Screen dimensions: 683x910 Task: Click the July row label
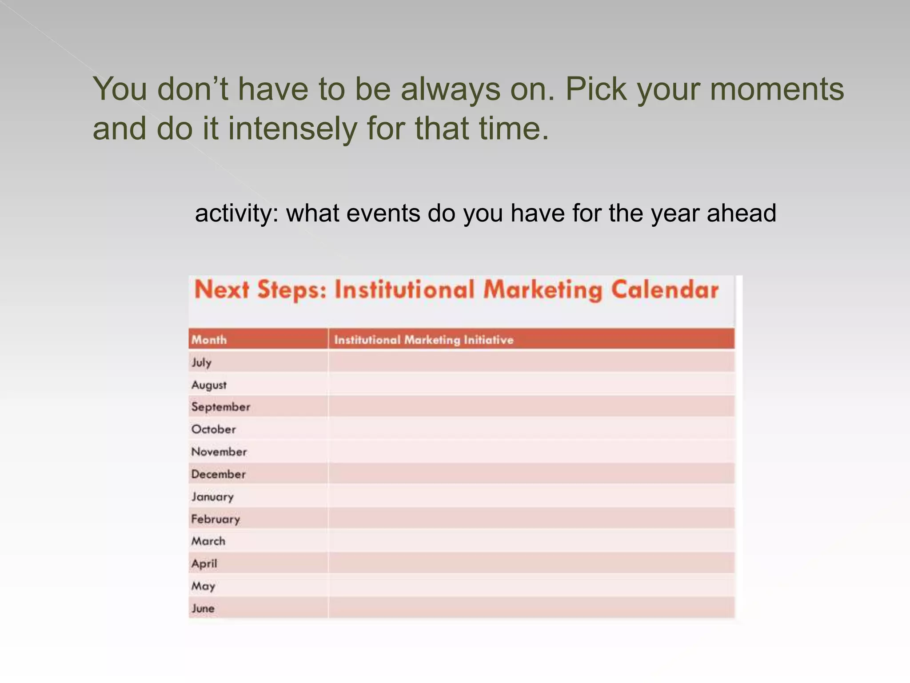pyautogui.click(x=201, y=362)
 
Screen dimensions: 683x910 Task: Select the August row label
pyautogui.click(x=209, y=385)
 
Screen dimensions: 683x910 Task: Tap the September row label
pyautogui.click(x=220, y=407)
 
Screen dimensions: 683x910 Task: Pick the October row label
pyautogui.click(x=213, y=429)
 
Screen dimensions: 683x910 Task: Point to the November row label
pyautogui.click(x=219, y=452)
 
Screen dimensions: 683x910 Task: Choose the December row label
pyautogui.click(x=218, y=474)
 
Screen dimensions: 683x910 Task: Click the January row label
pyautogui.click(x=212, y=497)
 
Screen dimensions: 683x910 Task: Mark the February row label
pyautogui.click(x=216, y=519)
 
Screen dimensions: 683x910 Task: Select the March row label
pyautogui.click(x=208, y=541)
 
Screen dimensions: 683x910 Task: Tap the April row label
pyautogui.click(x=204, y=563)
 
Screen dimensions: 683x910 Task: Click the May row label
pyautogui.click(x=203, y=586)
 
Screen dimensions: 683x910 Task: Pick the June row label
pyautogui.click(x=203, y=608)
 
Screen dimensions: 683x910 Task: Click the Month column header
pyautogui.click(x=209, y=340)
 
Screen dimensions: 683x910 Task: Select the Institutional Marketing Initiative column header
pyautogui.click(x=423, y=340)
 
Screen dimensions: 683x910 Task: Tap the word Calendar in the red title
pyautogui.click(x=665, y=290)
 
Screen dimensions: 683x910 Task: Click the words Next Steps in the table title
pyautogui.click(x=260, y=290)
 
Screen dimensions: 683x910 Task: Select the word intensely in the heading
pyautogui.click(x=292, y=129)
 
